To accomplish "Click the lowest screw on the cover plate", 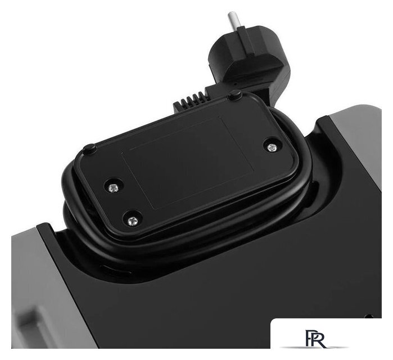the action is [133, 221].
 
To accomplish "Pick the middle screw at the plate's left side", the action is [114, 187].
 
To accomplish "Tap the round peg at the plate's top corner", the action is [235, 94].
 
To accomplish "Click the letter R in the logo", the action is [320, 339].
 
